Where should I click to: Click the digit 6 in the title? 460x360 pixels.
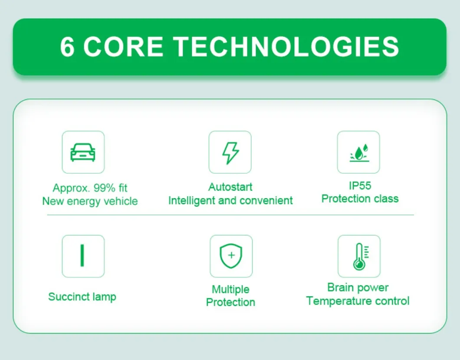pos(67,47)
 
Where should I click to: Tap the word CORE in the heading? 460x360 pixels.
pos(123,46)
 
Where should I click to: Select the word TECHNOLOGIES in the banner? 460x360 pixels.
pos(287,46)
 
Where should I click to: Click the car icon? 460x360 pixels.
pos(83,152)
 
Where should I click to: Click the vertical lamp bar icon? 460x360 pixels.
pos(82,255)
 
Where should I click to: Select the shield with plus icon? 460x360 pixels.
pos(231,256)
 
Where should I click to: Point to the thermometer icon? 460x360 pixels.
pos(361,256)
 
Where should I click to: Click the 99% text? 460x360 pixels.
pos(105,188)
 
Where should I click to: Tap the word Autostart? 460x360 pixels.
pos(230,187)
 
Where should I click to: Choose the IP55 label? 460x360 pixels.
pos(360,185)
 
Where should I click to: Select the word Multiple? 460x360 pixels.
pos(230,290)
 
